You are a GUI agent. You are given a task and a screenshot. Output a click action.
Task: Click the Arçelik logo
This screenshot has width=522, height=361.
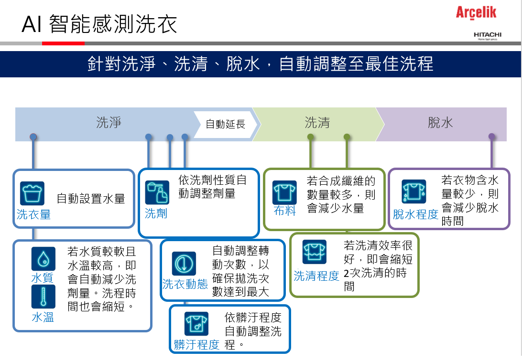pyautogui.click(x=476, y=12)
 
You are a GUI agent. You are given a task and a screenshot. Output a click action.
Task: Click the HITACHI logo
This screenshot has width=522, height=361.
pyautogui.click(x=488, y=35)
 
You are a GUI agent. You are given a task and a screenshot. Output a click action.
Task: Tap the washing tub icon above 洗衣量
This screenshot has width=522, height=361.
pyautogui.click(x=32, y=193)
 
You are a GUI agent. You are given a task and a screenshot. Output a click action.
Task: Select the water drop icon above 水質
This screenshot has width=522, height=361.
pyautogui.click(x=43, y=259)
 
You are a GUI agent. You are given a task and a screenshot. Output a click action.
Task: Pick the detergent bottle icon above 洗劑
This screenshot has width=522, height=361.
pyautogui.click(x=157, y=192)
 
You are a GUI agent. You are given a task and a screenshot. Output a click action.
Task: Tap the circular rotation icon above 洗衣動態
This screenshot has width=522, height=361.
pyautogui.click(x=184, y=264)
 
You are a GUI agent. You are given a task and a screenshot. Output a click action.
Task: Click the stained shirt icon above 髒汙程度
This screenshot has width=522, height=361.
pyautogui.click(x=196, y=324)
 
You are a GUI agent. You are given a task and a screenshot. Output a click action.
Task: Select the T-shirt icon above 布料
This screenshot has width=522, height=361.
pyautogui.click(x=284, y=192)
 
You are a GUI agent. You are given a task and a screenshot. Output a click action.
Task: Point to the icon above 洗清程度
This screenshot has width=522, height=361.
pyautogui.click(x=314, y=252)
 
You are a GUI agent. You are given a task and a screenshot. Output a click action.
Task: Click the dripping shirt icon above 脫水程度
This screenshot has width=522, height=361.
pyautogui.click(x=414, y=191)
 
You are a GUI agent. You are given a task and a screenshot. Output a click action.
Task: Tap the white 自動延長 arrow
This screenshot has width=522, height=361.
pyautogui.click(x=225, y=124)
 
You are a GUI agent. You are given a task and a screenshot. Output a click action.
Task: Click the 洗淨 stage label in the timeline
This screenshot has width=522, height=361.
pyautogui.click(x=109, y=122)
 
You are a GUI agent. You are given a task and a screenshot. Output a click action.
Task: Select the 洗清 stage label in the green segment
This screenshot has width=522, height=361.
pyautogui.click(x=317, y=123)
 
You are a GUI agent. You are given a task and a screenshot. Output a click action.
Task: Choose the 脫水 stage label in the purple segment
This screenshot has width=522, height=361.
pyautogui.click(x=440, y=123)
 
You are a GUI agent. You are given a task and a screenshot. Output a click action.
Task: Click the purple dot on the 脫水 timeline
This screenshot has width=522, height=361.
pyautogui.click(x=491, y=137)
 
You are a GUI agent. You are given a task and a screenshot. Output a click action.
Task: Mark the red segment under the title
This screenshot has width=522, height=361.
pyautogui.click(x=63, y=43)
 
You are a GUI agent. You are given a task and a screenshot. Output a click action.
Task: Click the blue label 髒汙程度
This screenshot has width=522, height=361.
pyautogui.click(x=196, y=345)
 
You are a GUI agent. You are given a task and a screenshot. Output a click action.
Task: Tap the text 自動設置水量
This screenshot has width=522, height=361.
pyautogui.click(x=91, y=199)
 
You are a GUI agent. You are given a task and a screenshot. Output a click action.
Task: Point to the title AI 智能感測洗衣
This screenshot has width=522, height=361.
pyautogui.click(x=99, y=24)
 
